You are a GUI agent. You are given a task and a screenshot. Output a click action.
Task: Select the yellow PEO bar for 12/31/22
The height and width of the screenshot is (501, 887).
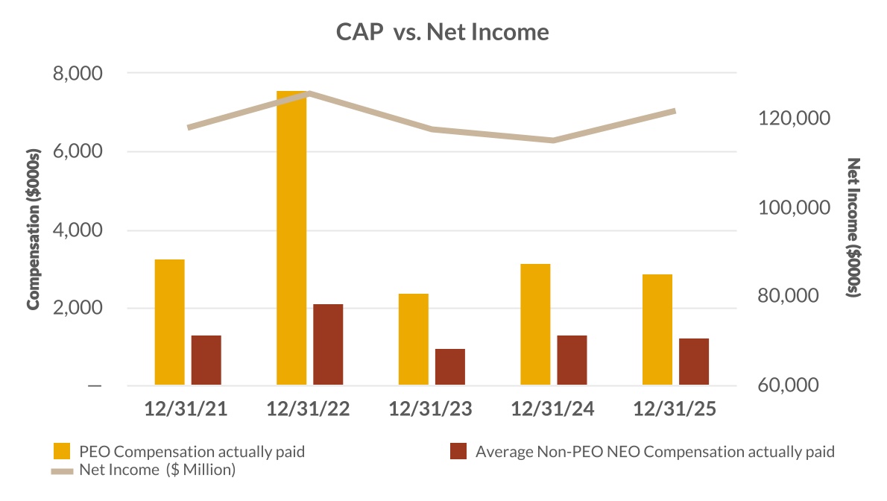[291, 239]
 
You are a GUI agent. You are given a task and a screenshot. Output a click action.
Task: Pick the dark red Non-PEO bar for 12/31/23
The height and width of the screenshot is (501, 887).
[450, 367]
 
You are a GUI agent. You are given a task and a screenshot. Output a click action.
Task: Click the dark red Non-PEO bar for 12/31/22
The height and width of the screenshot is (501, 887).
[328, 344]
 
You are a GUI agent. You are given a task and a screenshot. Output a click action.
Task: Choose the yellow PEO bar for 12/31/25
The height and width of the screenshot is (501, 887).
[657, 330]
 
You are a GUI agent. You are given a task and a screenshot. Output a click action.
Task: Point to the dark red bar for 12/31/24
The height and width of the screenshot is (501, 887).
[572, 360]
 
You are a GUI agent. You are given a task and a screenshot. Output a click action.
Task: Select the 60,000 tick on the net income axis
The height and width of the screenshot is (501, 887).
[793, 385]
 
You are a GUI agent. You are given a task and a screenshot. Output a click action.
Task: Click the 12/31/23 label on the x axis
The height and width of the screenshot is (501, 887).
[430, 410]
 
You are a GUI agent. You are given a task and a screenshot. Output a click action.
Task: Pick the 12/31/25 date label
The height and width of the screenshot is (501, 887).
[674, 410]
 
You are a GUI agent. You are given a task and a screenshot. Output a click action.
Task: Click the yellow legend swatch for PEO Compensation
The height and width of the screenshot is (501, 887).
[62, 451]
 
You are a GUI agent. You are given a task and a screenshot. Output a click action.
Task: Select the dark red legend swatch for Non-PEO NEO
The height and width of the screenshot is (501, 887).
[459, 451]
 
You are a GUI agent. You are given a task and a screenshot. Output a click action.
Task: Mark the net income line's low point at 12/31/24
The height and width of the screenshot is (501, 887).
[552, 140]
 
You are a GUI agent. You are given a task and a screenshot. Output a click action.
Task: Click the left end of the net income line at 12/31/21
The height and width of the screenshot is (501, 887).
[189, 127]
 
